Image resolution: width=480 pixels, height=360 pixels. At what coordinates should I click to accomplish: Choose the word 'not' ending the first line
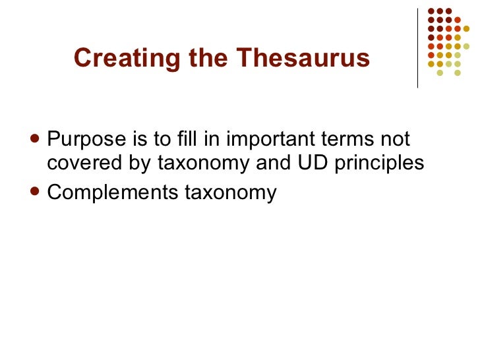pyautogui.click(x=397, y=140)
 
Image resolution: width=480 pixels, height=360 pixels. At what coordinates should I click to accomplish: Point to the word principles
pyautogui.click(x=379, y=164)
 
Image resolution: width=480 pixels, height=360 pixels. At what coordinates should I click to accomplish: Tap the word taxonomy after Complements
pyautogui.click(x=230, y=193)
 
